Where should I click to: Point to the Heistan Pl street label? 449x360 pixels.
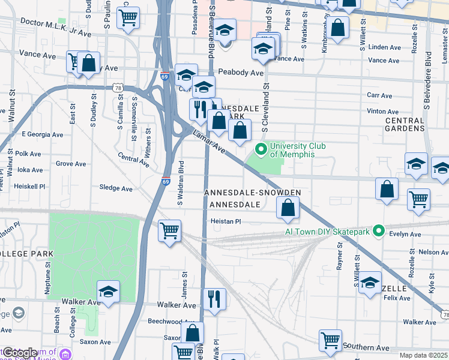point(226,221)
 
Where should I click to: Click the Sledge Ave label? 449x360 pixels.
point(116,188)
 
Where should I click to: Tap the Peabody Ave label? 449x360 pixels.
point(241,73)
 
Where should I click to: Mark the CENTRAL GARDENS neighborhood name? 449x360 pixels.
point(405,124)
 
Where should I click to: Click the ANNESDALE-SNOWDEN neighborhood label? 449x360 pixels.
point(252,193)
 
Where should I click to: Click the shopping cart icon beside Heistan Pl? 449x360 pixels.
point(170,230)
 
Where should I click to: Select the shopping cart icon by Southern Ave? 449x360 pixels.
point(330,341)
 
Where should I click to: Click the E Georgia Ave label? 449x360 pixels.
point(42,134)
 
